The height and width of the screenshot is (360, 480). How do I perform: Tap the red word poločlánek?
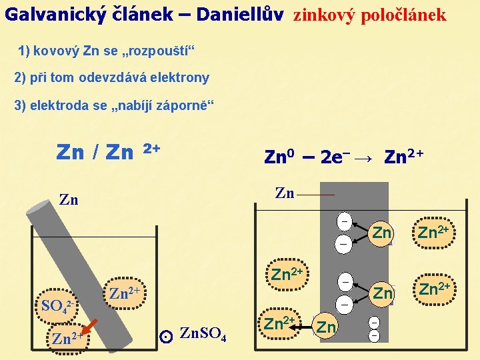pos(403,15)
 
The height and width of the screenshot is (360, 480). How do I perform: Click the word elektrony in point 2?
pos(180,77)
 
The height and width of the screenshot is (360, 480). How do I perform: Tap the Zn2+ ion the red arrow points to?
pos(66,338)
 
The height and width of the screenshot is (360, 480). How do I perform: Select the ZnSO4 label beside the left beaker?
pos(203,333)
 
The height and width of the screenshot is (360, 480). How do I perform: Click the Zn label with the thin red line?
pos(285,193)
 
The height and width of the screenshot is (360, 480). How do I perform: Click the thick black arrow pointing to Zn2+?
pos(306,327)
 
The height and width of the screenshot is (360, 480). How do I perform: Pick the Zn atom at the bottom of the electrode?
pos(326,327)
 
